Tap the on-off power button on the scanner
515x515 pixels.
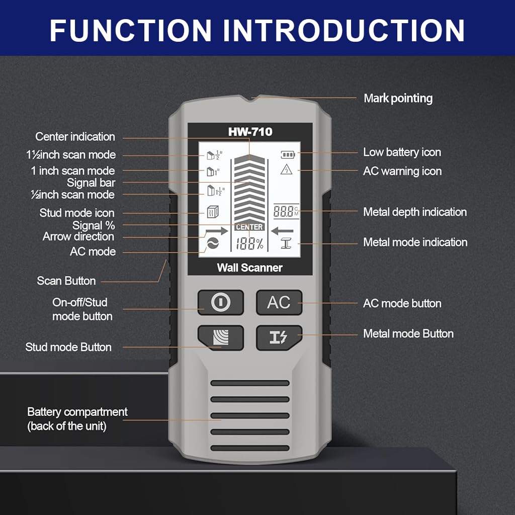pyautogui.click(x=220, y=302)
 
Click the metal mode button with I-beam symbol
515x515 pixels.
pyautogui.click(x=279, y=337)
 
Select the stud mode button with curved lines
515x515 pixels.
pyautogui.click(x=220, y=337)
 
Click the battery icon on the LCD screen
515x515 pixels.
pyautogui.click(x=288, y=154)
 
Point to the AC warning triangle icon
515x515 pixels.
pyautogui.click(x=286, y=169)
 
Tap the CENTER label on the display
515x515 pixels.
pyautogui.click(x=249, y=227)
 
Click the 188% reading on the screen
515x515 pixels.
pyautogui.click(x=249, y=244)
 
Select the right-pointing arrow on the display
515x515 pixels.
pyautogui.click(x=216, y=231)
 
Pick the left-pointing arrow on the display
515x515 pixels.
pyautogui.click(x=283, y=231)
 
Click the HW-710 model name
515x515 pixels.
pyautogui.click(x=250, y=132)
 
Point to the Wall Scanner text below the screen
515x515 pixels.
pyautogui.click(x=249, y=268)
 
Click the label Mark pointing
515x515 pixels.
pyautogui.click(x=398, y=98)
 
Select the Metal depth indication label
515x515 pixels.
pyautogui.click(x=415, y=212)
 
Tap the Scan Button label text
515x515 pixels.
pyautogui.click(x=66, y=281)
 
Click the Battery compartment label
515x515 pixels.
pyautogui.click(x=77, y=419)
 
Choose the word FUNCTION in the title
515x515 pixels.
pyautogui.click(x=130, y=30)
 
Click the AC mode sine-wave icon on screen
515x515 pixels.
pyautogui.click(x=213, y=243)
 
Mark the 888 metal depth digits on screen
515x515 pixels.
pyautogui.click(x=284, y=211)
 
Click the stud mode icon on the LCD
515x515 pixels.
pyautogui.click(x=213, y=212)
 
